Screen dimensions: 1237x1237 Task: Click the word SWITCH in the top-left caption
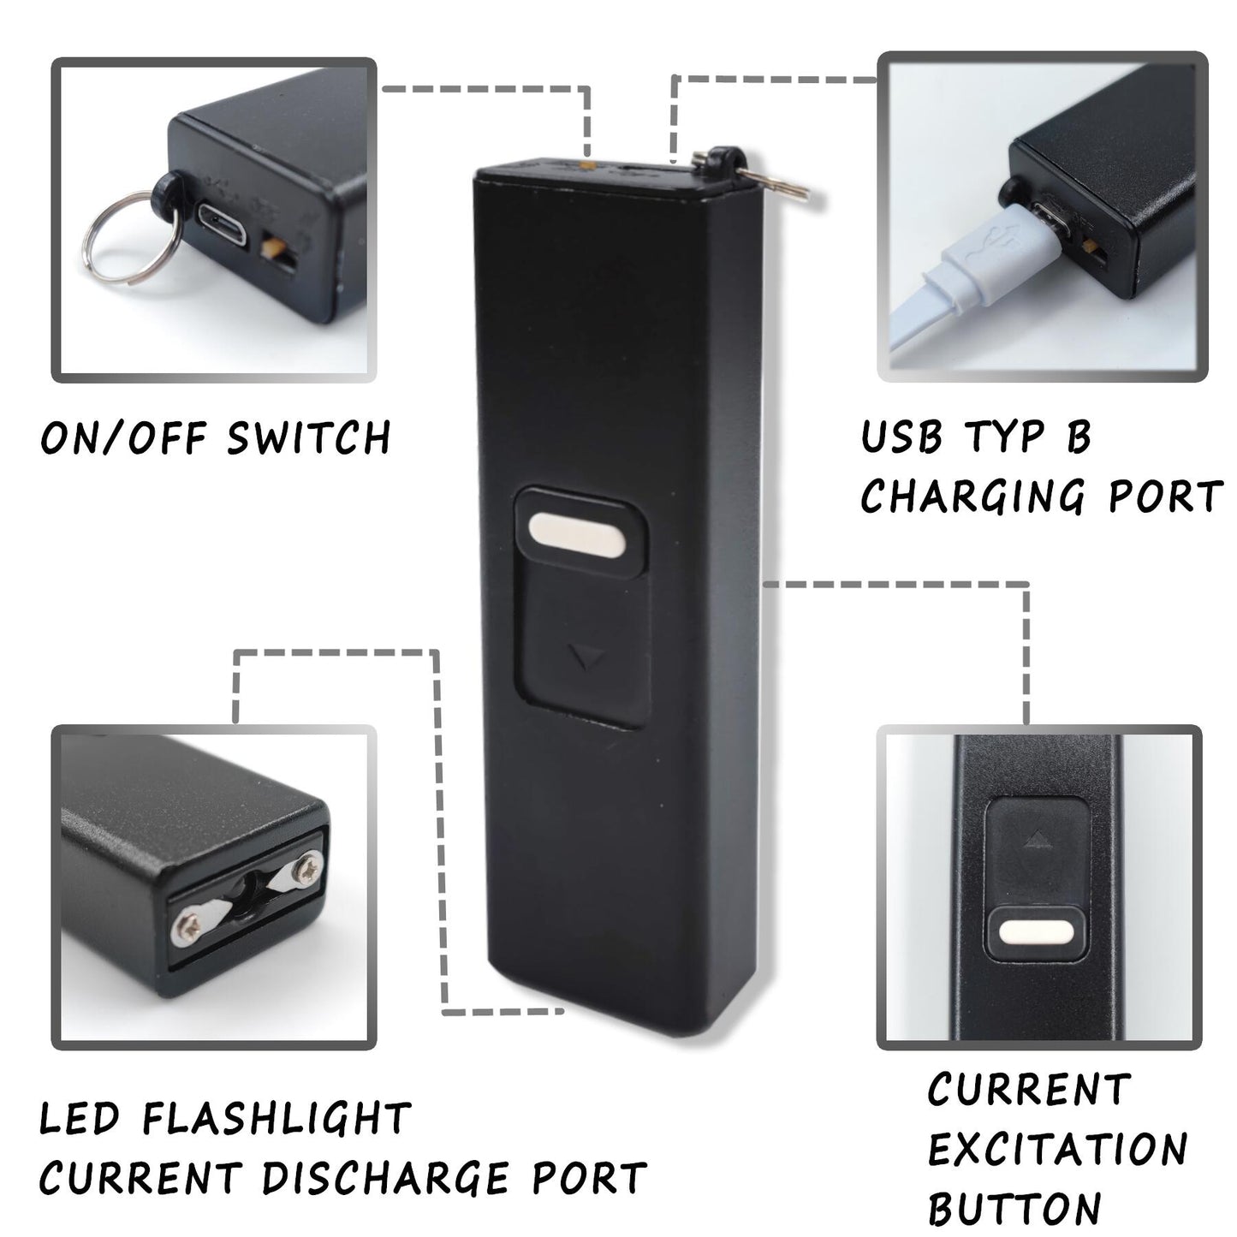[x=308, y=437]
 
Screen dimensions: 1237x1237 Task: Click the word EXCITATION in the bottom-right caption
[x=1057, y=1149]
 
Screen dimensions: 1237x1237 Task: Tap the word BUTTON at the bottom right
[x=1014, y=1209]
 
